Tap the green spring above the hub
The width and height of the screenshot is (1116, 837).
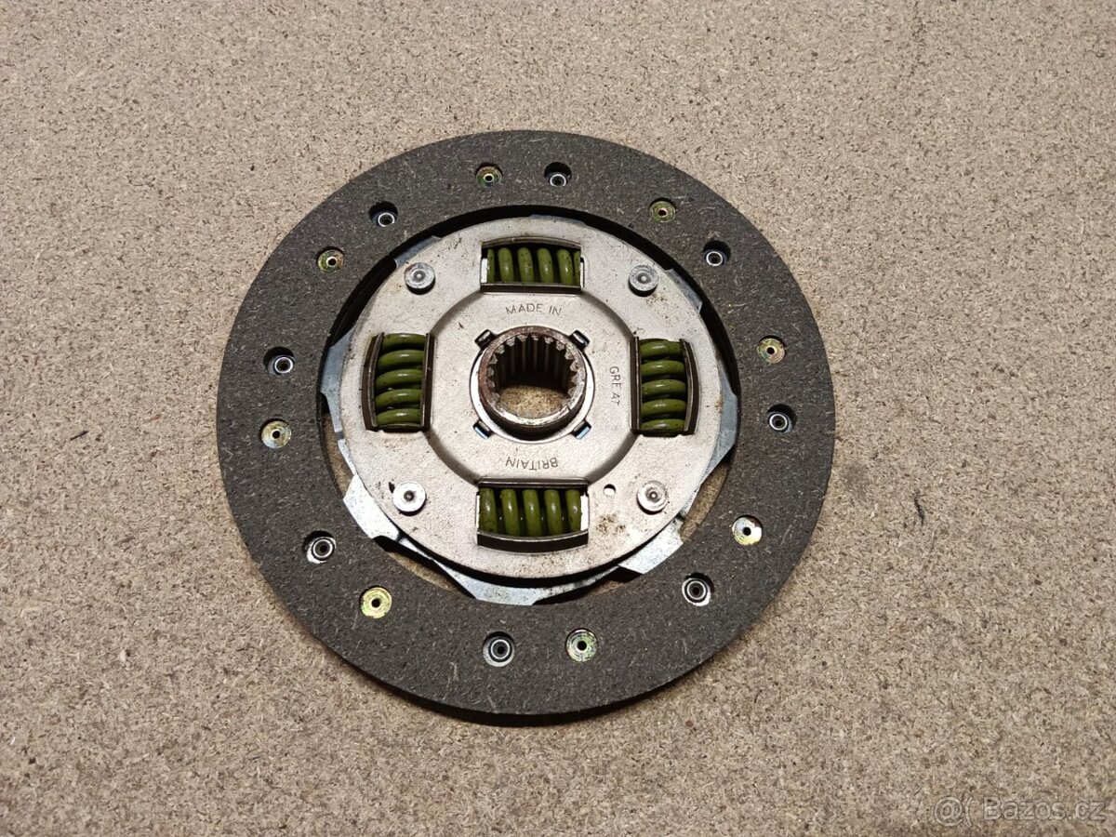pos(532,265)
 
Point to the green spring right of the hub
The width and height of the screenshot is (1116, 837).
pos(663,387)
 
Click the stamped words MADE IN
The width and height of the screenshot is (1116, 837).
pos(533,309)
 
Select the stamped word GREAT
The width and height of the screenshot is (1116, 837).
pos(614,385)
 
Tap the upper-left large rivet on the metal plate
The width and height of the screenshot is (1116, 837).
pos(419,277)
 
